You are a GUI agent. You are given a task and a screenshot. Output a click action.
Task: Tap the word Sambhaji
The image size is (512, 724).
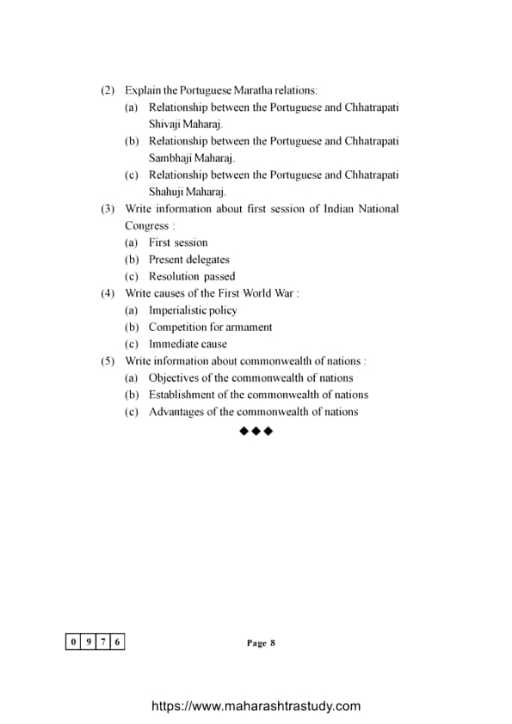click(170, 158)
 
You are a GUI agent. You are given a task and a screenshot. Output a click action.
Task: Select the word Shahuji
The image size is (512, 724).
click(167, 192)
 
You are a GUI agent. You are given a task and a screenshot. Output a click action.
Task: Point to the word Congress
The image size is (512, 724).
click(146, 225)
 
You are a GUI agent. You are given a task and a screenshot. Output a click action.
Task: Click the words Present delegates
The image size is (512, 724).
click(188, 260)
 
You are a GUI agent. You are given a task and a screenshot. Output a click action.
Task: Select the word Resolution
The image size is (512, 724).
click(174, 277)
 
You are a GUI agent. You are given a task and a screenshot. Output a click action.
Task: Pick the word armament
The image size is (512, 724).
click(249, 327)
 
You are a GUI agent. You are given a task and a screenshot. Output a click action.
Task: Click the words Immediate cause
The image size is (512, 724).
click(188, 344)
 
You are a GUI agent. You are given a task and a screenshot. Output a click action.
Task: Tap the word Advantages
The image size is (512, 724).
click(177, 412)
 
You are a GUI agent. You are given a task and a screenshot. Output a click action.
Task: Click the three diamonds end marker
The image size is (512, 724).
click(256, 431)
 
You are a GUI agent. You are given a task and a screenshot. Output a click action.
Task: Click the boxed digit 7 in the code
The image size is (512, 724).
click(103, 642)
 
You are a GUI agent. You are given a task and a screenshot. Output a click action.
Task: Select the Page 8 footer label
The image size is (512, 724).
click(260, 643)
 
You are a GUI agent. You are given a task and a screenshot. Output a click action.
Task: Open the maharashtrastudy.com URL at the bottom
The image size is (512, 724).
click(256, 706)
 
